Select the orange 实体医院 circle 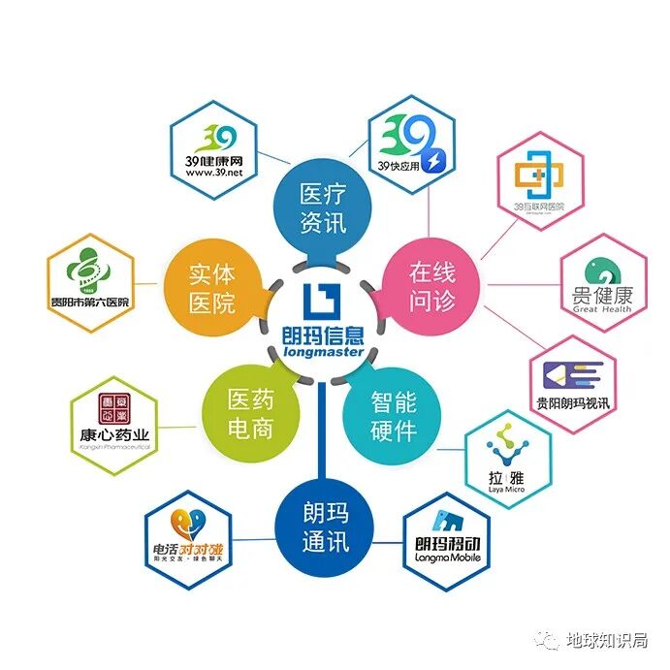pos(211,288)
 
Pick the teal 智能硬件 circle pos(394,414)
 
